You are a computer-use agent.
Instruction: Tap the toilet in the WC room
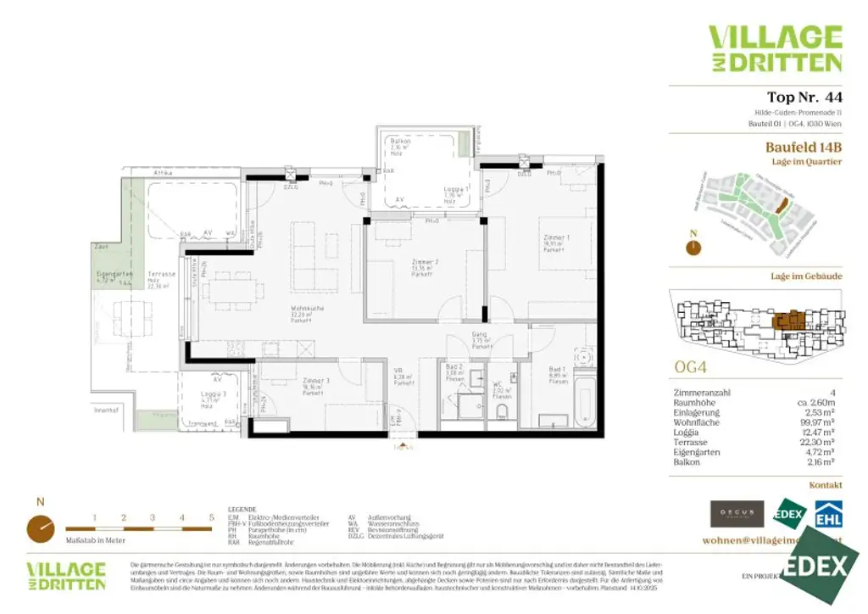point(502,412)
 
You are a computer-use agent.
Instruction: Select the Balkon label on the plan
point(396,144)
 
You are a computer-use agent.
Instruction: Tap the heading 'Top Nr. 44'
point(804,97)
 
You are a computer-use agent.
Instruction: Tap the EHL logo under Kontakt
point(827,514)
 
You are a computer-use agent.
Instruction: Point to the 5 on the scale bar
point(211,516)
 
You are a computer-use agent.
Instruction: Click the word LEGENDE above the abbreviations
point(242,509)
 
